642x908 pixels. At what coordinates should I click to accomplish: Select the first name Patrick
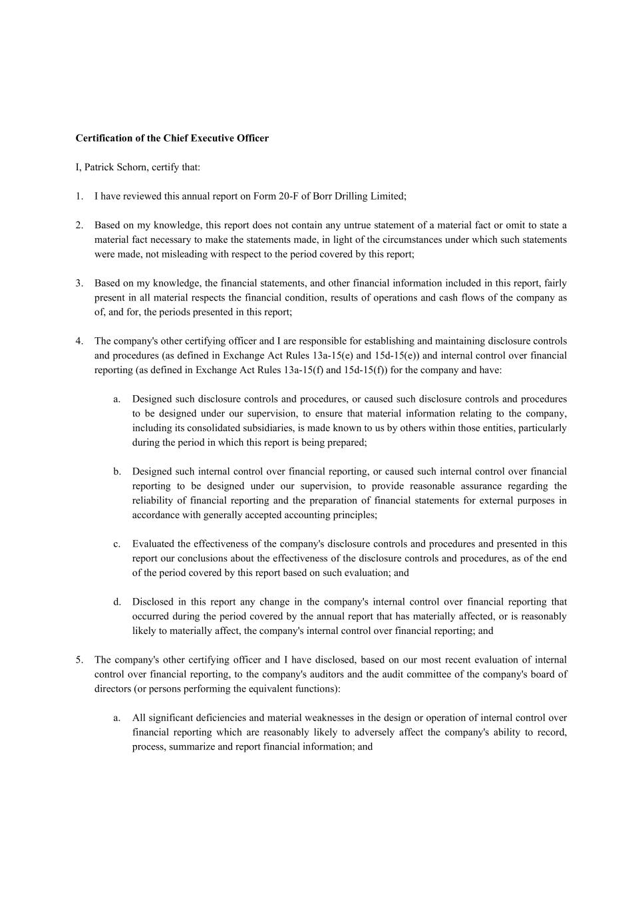pyautogui.click(x=98, y=167)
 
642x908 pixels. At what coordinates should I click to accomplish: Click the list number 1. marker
pyautogui.click(x=79, y=196)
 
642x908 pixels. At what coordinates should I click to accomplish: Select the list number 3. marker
pyautogui.click(x=79, y=283)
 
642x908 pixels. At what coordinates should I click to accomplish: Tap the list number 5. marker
pyautogui.click(x=79, y=660)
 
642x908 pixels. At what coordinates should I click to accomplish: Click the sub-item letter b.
pyautogui.click(x=117, y=472)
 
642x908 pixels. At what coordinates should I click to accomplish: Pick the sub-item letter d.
pyautogui.click(x=117, y=602)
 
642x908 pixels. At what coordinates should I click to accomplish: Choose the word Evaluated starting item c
pyautogui.click(x=154, y=544)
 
